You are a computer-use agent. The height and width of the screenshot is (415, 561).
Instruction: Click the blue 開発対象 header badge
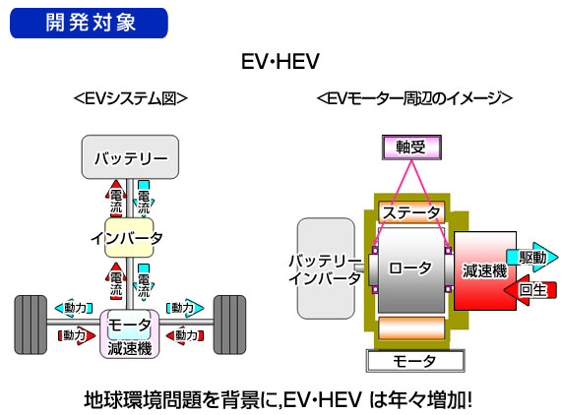coord(89,23)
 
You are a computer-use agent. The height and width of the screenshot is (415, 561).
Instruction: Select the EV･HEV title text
coord(280,62)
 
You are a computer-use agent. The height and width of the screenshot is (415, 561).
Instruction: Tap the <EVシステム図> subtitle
coord(130,98)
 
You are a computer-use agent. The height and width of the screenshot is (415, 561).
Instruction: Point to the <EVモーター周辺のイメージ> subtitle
coord(414,98)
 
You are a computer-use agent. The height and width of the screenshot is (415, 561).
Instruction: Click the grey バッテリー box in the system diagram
coord(130,157)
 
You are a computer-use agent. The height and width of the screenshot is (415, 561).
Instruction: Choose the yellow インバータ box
coord(129,238)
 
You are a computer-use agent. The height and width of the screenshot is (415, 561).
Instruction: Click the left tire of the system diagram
coord(31,325)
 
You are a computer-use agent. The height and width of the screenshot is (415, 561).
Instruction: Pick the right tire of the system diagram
coord(229,325)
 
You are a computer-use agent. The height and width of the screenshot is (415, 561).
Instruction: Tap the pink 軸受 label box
coord(411,148)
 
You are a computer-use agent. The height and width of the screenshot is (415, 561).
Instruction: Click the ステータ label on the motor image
coord(411,212)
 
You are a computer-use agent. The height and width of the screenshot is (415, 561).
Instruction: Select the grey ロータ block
coord(411,269)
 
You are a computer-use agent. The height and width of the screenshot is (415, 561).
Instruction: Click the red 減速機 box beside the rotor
coord(485,270)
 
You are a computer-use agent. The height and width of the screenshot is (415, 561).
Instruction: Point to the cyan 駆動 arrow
coord(532,258)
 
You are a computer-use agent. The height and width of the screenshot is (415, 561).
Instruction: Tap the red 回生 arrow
coord(530,290)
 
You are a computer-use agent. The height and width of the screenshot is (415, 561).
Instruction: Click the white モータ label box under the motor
coord(415,361)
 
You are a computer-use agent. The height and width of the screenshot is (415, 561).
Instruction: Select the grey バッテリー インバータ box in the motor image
coord(327,268)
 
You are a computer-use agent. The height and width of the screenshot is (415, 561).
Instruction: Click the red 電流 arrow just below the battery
coord(116,199)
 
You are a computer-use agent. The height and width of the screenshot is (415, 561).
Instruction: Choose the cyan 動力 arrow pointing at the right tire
coord(185,308)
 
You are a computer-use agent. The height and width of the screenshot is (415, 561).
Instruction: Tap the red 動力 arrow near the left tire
coord(77,335)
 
